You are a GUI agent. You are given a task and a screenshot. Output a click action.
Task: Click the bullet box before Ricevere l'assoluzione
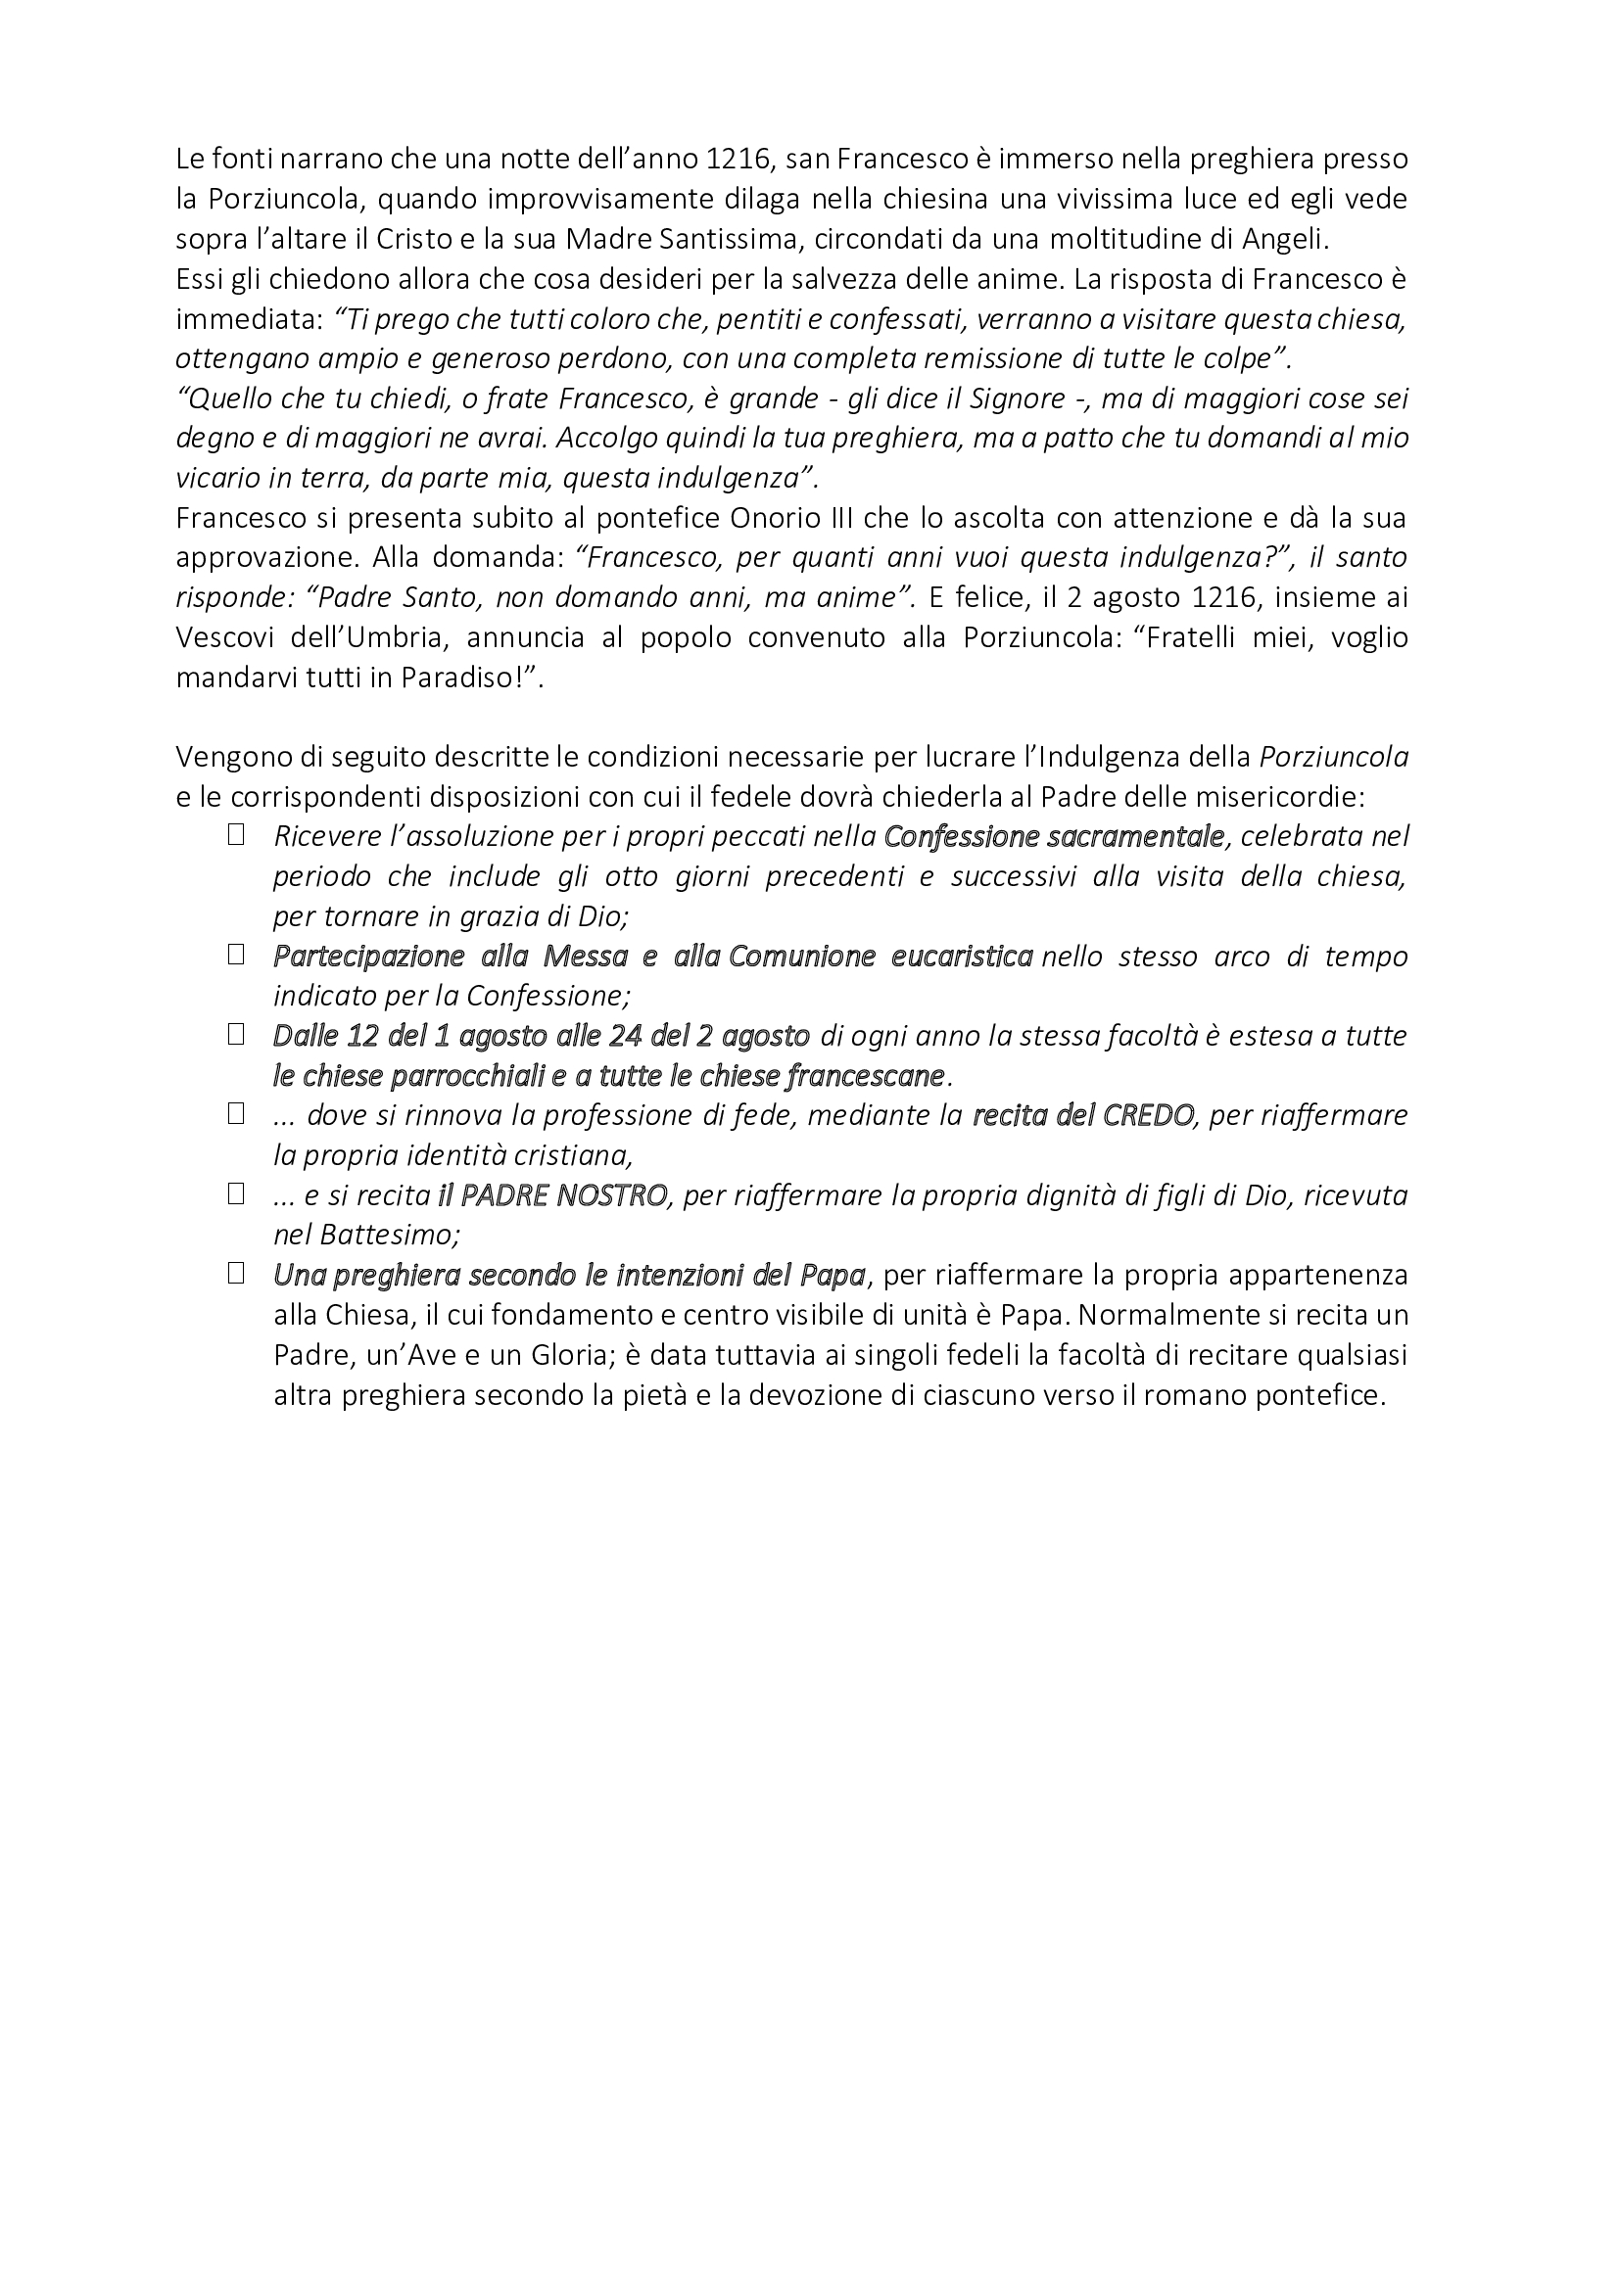(x=236, y=836)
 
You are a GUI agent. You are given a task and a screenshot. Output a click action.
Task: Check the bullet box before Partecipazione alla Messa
(x=236, y=956)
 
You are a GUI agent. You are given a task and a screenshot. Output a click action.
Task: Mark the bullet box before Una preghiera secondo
(x=236, y=1274)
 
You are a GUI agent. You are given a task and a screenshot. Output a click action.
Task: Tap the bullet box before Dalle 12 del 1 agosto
(x=236, y=1035)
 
